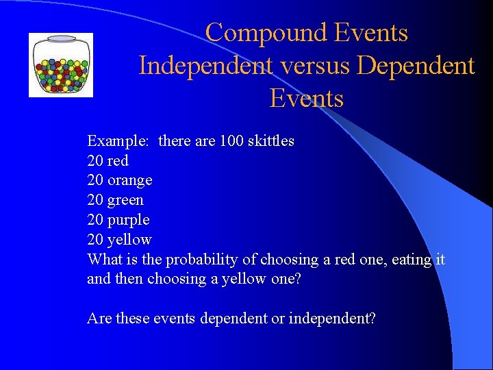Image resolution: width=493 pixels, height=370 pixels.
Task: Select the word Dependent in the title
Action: (x=416, y=66)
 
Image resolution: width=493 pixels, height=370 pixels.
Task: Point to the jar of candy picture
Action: (x=61, y=66)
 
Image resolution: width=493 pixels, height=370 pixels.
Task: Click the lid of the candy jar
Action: (x=61, y=39)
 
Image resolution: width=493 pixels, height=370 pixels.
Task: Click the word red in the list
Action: (x=118, y=161)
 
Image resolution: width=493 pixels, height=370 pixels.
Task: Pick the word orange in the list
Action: (x=130, y=181)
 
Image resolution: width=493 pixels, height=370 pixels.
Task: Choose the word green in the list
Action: (x=126, y=201)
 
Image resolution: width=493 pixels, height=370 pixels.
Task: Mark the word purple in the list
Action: (x=129, y=221)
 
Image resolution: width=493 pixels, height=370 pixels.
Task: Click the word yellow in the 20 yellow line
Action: (x=129, y=240)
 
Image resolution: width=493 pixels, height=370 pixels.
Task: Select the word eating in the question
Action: (x=412, y=260)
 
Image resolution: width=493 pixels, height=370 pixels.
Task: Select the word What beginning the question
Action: (x=104, y=260)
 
